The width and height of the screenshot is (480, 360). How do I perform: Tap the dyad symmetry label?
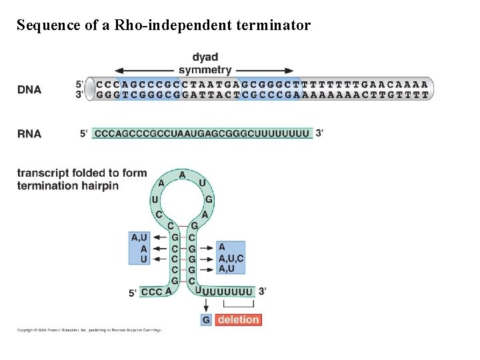click(x=205, y=63)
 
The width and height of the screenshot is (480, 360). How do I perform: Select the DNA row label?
click(x=29, y=90)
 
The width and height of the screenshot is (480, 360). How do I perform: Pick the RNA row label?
click(x=29, y=133)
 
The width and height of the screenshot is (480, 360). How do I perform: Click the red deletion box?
click(x=238, y=320)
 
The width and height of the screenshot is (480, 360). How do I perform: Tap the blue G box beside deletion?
click(x=206, y=320)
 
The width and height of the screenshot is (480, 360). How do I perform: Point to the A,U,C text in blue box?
click(x=231, y=258)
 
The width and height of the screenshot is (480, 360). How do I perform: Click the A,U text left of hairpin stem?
click(x=139, y=237)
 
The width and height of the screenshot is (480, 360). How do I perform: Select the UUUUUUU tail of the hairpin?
click(x=228, y=291)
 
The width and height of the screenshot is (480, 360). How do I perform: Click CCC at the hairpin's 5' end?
click(x=151, y=292)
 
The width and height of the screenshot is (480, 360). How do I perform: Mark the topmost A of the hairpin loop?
click(x=182, y=174)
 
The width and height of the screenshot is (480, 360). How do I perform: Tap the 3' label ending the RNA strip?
click(x=320, y=133)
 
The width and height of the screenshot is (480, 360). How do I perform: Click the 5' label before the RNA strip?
click(x=84, y=133)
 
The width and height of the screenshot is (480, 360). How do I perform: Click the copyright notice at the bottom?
click(x=89, y=330)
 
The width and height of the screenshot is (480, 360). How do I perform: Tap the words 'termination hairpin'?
click(x=68, y=185)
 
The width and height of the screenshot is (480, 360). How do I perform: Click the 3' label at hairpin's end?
click(x=263, y=291)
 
